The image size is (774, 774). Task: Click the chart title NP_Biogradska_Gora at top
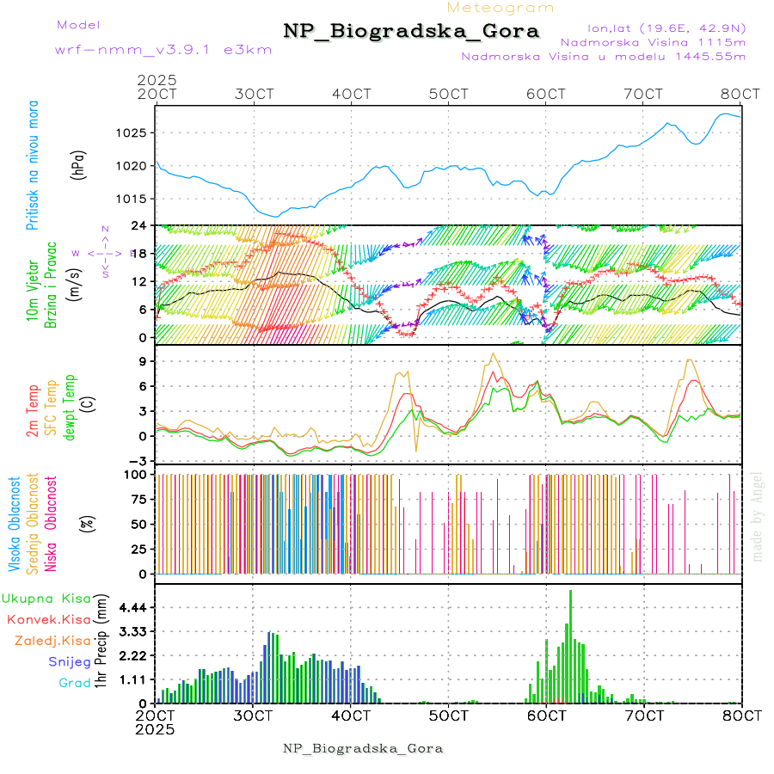point(411,32)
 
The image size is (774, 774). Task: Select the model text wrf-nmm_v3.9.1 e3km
point(163,49)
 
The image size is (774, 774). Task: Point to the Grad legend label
point(75,683)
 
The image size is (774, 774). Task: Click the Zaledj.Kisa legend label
point(52,640)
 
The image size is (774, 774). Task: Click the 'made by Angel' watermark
point(758,516)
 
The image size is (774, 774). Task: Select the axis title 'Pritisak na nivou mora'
point(34,168)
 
